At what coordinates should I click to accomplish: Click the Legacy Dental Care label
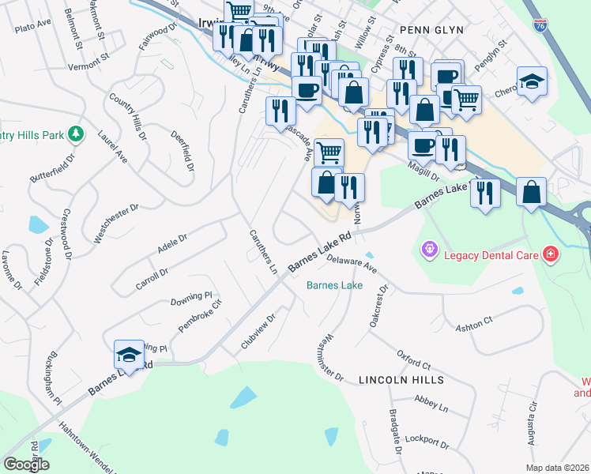coord(490,254)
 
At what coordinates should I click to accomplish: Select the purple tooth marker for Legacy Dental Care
coord(429,250)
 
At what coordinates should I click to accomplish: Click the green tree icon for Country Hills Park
coord(76,134)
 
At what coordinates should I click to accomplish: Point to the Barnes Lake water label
coord(334,285)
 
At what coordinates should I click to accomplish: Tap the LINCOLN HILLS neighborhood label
coord(401,380)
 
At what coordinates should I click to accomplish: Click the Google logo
coord(26,464)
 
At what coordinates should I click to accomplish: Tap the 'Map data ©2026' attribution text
coord(558,468)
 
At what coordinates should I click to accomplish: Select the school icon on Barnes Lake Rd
coord(129,355)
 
